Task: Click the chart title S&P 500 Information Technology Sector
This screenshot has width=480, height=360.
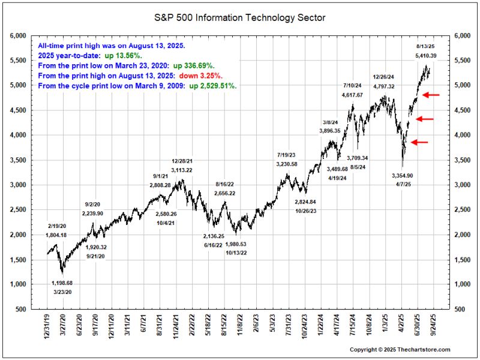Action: [x=240, y=18]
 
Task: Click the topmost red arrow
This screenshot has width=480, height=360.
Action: [x=431, y=95]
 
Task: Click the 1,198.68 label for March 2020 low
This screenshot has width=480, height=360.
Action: [x=62, y=283]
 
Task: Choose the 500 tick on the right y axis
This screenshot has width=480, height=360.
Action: [x=460, y=309]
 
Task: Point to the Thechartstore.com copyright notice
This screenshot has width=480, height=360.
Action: [x=400, y=349]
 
